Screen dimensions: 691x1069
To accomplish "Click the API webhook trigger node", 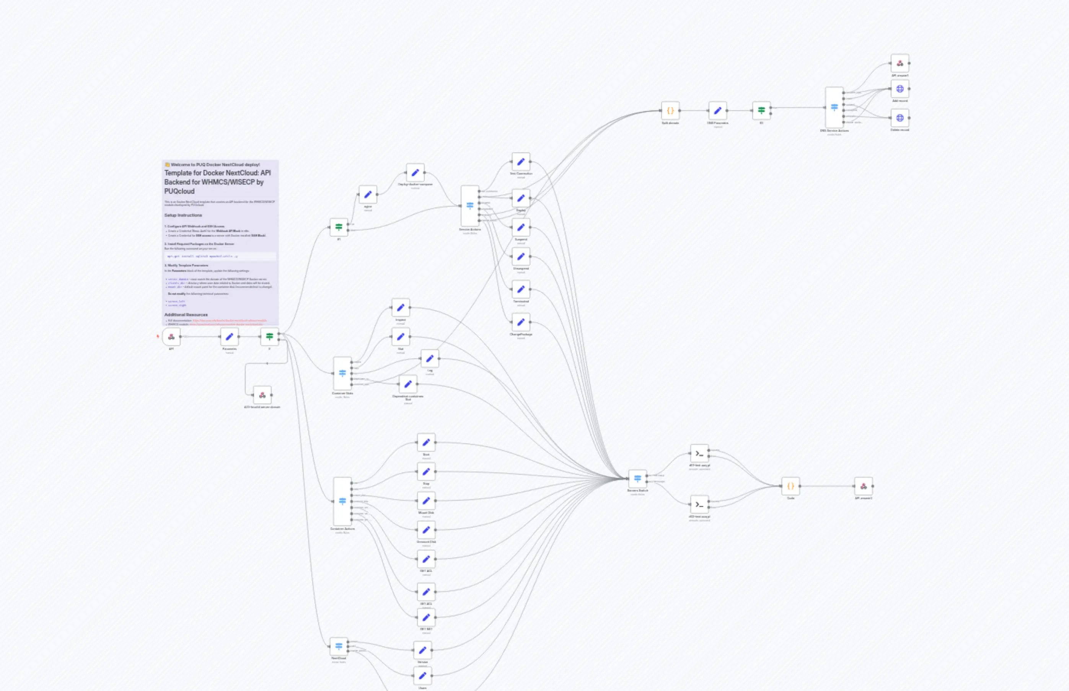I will click(171, 337).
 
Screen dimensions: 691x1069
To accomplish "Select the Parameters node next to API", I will click(229, 337).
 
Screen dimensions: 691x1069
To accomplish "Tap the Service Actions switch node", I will click(470, 206).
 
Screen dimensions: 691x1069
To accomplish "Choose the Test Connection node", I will click(521, 162).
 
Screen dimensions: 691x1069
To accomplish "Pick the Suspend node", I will click(521, 227).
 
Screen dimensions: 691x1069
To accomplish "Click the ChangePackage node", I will click(521, 322).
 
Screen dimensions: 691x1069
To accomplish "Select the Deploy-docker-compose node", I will click(415, 173).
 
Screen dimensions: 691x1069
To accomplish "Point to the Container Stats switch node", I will click(342, 373).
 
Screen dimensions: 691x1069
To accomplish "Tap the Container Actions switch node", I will click(342, 501).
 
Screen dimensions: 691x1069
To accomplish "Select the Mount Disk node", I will click(426, 501).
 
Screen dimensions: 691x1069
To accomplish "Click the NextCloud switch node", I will click(339, 647).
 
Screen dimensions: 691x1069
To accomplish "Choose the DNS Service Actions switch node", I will click(834, 108).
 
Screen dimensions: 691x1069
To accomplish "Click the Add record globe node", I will click(900, 89).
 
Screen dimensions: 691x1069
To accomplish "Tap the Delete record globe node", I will click(900, 118).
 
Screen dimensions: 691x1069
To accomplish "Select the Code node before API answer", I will click(790, 486).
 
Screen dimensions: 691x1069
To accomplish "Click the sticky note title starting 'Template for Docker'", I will click(217, 182).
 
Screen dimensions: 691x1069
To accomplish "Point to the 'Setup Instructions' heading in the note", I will click(183, 216).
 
